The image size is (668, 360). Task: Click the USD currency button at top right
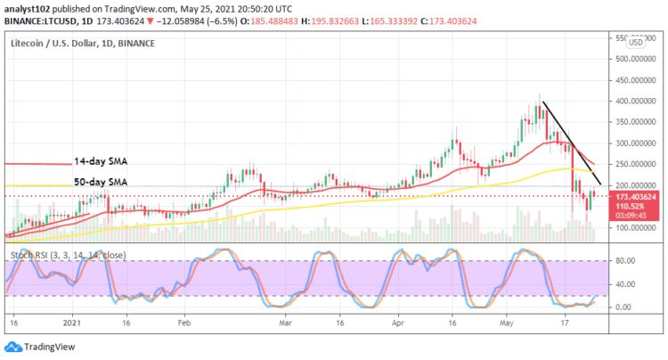(636, 42)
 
